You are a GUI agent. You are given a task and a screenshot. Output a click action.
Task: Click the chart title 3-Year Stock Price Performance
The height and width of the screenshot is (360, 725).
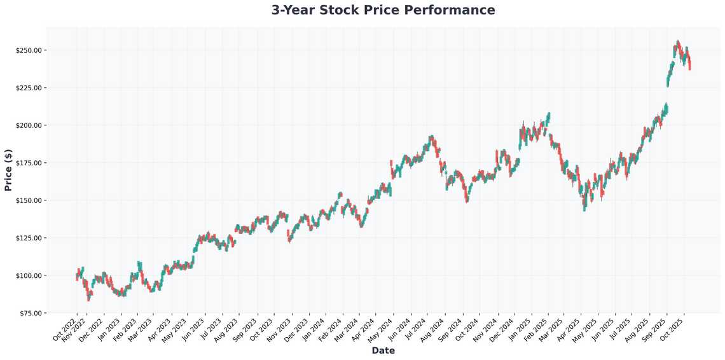click(383, 10)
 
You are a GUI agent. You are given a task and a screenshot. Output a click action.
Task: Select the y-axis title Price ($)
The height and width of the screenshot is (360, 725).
click(8, 170)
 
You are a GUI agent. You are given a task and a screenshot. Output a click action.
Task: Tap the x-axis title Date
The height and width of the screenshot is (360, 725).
click(383, 350)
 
